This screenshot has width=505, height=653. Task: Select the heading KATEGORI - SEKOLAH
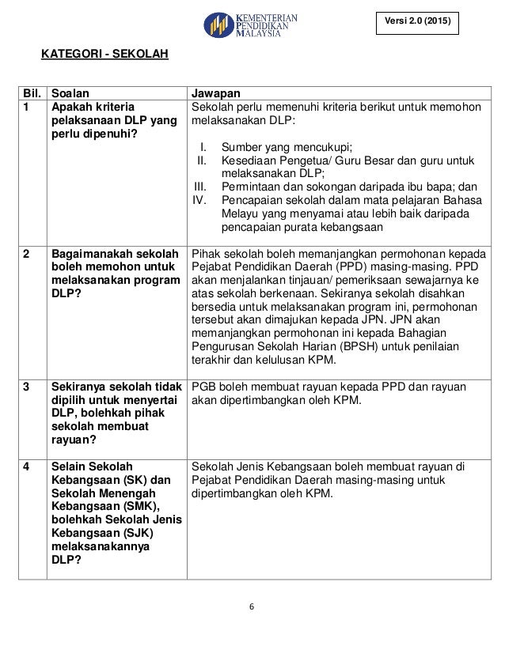coord(99,55)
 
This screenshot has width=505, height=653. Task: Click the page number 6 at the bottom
coord(252,607)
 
